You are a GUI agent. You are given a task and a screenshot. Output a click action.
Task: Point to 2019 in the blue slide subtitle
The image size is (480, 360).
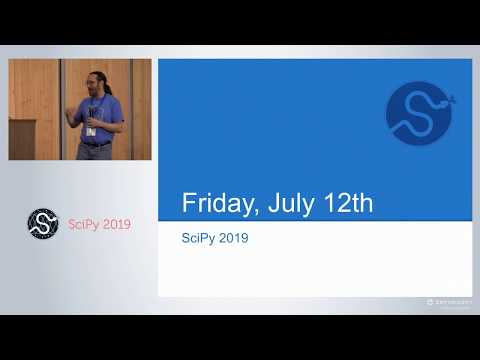[233, 239]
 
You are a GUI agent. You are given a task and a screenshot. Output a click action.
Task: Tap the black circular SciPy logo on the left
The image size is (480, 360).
[43, 224]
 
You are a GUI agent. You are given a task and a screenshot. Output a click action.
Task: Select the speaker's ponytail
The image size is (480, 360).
[105, 92]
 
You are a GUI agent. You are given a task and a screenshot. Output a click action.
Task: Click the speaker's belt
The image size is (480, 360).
[95, 143]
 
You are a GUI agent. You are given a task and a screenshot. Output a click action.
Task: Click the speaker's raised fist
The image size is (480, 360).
[72, 112]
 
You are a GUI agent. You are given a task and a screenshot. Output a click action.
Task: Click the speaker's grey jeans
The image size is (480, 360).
[95, 152]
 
